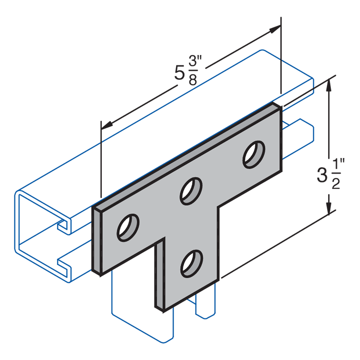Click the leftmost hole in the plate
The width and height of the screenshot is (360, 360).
(x=128, y=228)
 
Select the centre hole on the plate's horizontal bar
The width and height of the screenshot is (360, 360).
(x=191, y=191)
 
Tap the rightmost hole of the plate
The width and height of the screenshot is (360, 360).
(x=254, y=154)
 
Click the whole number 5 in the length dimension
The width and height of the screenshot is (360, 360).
(x=179, y=73)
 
